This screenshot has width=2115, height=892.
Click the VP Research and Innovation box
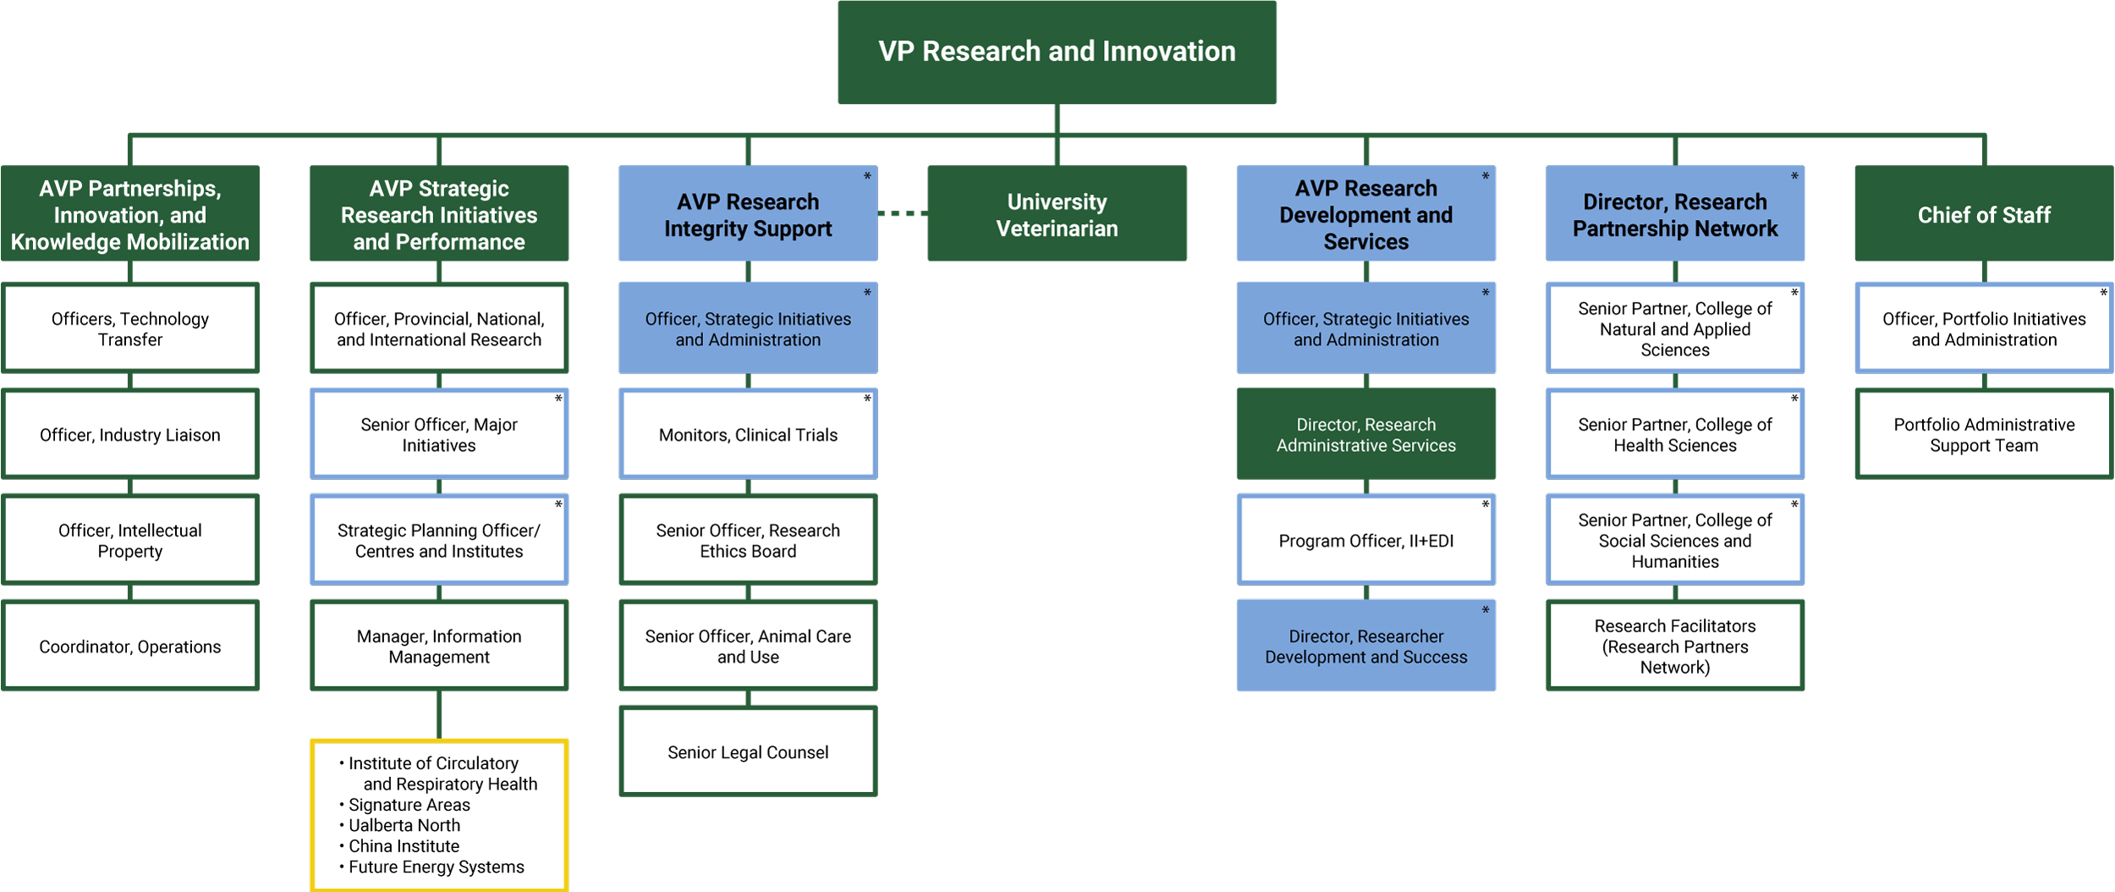1057,52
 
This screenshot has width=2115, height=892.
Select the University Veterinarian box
1057,214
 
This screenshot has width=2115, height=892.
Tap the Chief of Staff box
1984,214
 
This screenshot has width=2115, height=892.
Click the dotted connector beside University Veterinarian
903,213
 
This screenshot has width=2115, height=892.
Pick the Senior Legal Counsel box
748,752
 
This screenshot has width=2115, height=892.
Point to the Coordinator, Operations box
130,646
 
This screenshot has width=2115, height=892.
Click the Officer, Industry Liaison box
130,434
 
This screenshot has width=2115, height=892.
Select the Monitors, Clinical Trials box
748,434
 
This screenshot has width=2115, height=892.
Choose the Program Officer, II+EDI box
1365,540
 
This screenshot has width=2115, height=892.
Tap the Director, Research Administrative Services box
1365,434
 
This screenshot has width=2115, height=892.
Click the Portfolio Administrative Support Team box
1984,434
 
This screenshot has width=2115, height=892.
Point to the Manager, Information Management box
439,646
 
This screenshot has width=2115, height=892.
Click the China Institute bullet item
404,845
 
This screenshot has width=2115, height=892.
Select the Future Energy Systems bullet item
436,867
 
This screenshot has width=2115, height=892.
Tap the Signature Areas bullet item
409,805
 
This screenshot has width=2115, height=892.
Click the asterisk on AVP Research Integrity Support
867,177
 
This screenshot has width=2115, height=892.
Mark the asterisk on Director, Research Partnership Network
1794,177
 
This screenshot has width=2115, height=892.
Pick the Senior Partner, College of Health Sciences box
1674,434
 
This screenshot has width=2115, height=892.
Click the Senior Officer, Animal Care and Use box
748,646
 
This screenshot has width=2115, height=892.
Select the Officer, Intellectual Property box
130,540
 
